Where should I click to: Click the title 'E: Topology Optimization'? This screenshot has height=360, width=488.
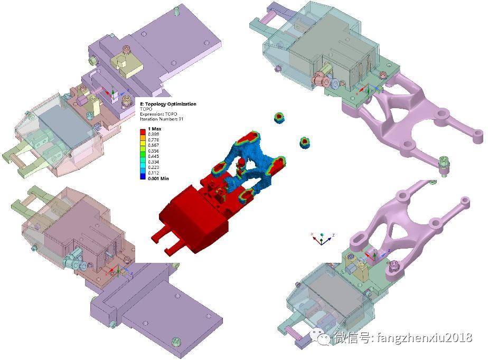pyautogui.click(x=167, y=104)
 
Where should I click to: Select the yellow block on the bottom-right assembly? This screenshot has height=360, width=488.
pyautogui.click(x=362, y=270)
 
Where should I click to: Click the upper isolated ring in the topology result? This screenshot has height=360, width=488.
pyautogui.click(x=279, y=117)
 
